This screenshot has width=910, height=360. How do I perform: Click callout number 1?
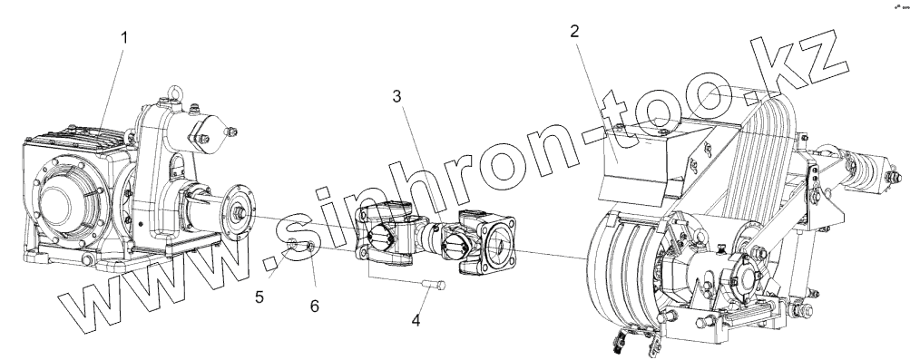123,38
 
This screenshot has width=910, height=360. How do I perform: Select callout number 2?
574,31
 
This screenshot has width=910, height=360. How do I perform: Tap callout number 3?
396,96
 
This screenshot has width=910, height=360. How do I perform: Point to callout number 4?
416,320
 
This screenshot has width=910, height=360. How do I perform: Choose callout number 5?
259,297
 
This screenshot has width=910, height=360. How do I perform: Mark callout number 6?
315,306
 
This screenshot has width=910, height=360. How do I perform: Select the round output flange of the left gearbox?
240,212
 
